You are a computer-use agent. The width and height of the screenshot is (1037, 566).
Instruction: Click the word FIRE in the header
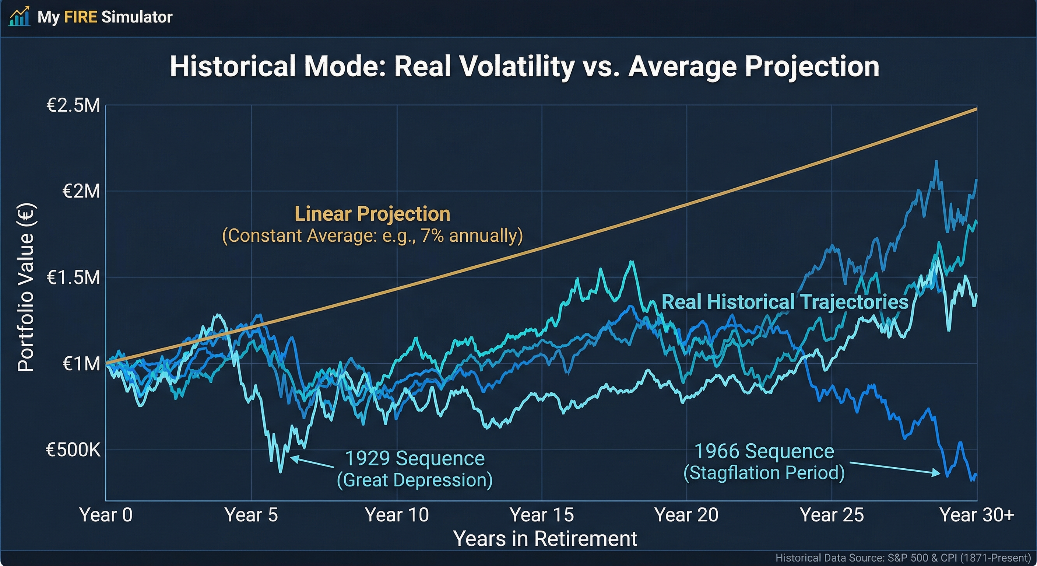[x=81, y=17]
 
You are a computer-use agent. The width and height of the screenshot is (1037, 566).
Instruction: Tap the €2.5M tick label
[x=73, y=105]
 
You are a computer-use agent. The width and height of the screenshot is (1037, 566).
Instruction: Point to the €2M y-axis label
[x=81, y=191]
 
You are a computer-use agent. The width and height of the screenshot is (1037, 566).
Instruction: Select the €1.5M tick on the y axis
[x=73, y=277]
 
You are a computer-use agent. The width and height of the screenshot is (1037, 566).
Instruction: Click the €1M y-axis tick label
[x=81, y=364]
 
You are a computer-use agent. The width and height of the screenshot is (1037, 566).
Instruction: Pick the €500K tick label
[x=73, y=450]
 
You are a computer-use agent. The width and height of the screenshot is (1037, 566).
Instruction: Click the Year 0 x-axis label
[x=106, y=515]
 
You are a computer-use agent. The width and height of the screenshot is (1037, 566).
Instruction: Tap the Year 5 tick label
[x=251, y=515]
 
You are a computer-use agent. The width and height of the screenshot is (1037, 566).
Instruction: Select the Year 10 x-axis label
[x=397, y=515]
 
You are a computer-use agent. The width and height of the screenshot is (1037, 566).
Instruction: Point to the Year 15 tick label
[x=541, y=515]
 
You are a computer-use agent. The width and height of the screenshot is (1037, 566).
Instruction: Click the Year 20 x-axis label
[x=686, y=515]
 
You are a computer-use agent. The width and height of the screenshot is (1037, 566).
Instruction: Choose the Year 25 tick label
[x=832, y=515]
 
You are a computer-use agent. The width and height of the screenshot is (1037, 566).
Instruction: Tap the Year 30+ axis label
[x=977, y=515]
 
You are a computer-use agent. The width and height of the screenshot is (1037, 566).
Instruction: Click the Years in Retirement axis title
[x=545, y=539]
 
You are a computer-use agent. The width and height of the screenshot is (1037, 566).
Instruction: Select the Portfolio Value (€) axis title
[x=27, y=287]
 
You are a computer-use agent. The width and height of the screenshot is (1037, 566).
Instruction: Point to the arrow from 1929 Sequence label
[x=312, y=463]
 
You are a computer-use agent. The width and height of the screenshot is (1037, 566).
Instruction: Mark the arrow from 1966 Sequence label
[x=895, y=468]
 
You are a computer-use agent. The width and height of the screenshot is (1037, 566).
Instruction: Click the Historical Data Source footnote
[x=903, y=558]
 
